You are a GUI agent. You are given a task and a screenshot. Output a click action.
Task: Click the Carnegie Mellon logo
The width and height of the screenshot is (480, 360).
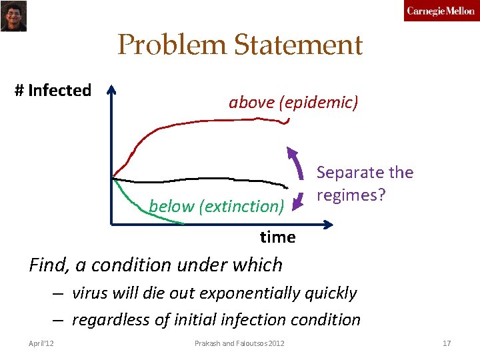coord(441,11)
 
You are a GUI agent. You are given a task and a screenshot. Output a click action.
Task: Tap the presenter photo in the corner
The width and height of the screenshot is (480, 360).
coord(13,15)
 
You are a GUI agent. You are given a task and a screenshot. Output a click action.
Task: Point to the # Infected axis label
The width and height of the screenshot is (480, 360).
coord(53,91)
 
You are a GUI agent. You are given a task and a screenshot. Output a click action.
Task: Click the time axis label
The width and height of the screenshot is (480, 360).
coord(277,237)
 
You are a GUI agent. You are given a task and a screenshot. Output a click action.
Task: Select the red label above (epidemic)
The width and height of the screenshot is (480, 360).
coord(293,103)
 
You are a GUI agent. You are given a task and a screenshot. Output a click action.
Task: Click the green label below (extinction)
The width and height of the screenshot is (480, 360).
coord(217,207)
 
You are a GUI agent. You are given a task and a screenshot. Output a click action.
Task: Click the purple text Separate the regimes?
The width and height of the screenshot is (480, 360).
coord(365,185)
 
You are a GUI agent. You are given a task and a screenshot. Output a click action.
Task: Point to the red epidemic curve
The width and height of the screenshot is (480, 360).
coord(200,122)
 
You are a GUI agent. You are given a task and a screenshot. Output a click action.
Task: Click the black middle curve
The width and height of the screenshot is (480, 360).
coord(200,179)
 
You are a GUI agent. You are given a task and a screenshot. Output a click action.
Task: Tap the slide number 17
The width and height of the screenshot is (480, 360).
coord(447,343)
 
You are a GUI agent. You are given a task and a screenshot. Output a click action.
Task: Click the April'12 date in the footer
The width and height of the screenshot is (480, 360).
coord(42,343)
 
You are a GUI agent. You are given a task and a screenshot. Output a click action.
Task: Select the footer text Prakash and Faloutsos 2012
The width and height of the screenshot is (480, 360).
coord(239,343)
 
